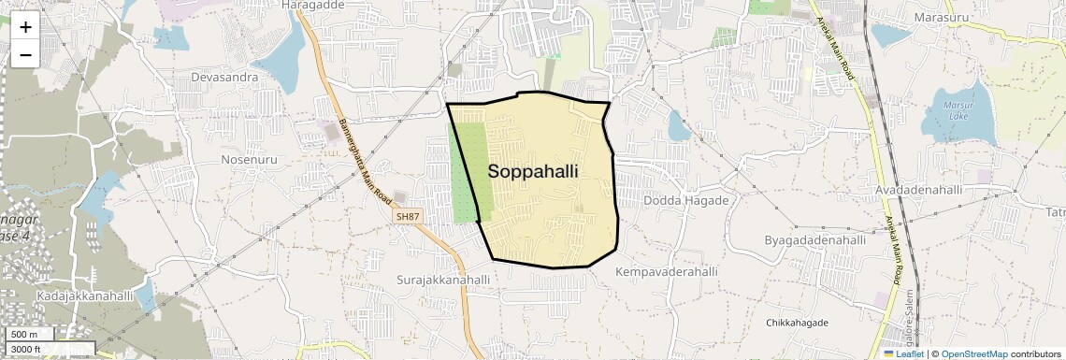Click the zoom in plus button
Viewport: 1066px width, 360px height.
(x=25, y=26)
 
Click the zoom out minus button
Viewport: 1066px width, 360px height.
(x=25, y=54)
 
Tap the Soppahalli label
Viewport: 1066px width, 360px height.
(x=533, y=172)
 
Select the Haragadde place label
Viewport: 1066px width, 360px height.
(x=313, y=5)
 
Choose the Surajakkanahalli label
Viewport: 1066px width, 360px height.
(x=443, y=280)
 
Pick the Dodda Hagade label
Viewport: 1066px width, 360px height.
(x=686, y=201)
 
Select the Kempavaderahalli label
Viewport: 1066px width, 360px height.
(x=667, y=271)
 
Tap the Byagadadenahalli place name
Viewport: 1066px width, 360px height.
(x=814, y=240)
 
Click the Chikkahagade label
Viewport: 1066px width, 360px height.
(x=797, y=323)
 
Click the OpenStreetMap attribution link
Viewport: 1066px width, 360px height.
(x=973, y=353)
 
